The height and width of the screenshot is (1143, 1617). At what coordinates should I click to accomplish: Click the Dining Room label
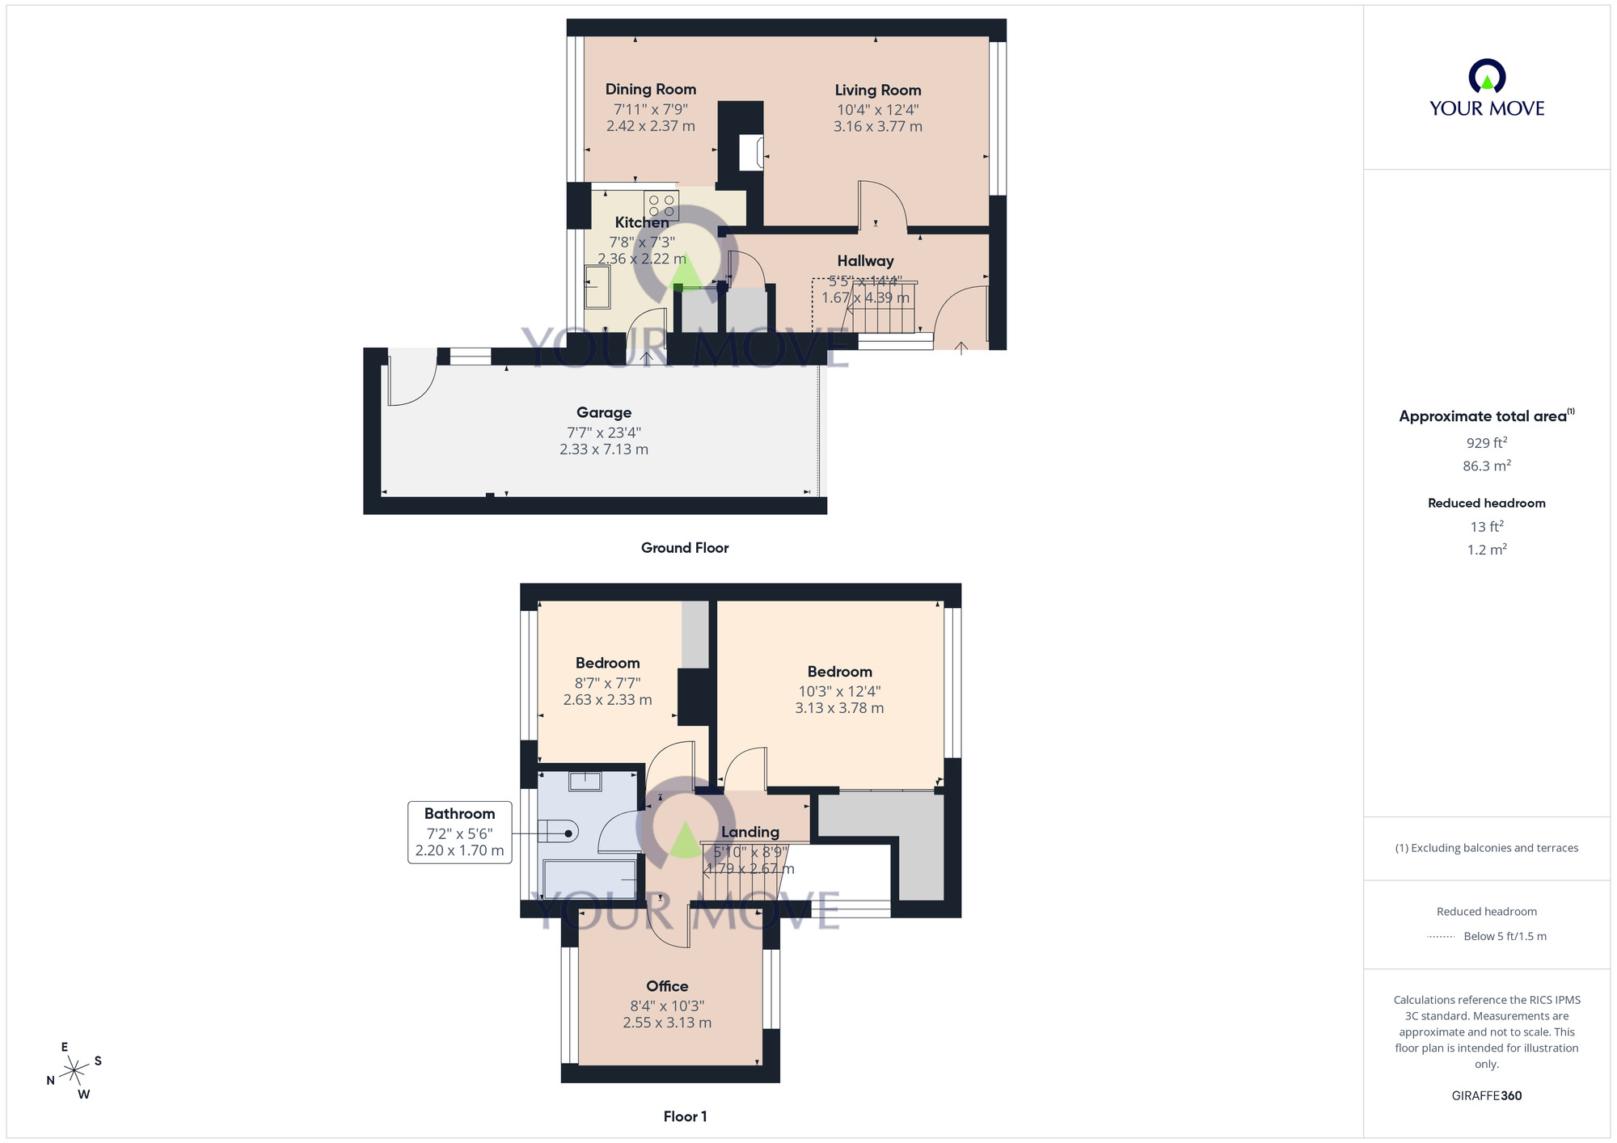pos(650,89)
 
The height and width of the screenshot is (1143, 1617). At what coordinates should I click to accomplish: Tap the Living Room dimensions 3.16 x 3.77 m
pos(877,127)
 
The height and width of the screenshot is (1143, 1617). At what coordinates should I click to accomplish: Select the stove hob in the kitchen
pos(661,205)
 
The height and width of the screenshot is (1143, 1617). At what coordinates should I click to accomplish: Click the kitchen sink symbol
pos(597,286)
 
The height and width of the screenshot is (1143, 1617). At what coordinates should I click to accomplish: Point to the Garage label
pos(603,412)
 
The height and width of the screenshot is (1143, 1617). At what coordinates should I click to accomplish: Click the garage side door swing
pos(409,380)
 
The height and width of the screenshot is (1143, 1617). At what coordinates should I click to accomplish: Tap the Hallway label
pos(865,260)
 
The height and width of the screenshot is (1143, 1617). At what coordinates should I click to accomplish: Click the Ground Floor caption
pos(684,548)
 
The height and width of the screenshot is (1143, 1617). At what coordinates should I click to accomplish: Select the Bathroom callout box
pos(459,832)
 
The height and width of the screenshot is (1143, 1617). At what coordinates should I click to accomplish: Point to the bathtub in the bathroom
pos(589,879)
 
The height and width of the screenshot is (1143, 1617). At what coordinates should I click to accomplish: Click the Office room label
pos(667,986)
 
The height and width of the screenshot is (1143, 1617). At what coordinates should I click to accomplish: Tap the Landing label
pos(749,832)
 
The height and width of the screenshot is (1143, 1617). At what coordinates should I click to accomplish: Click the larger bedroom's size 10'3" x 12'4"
pos(839,691)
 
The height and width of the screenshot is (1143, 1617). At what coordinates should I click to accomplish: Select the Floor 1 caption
pos(685,1116)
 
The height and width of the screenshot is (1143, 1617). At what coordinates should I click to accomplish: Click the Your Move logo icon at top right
pos(1486,77)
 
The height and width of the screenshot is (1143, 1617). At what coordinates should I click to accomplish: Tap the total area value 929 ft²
pos(1486,443)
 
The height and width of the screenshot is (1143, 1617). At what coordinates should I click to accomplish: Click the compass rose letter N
pos(50,1081)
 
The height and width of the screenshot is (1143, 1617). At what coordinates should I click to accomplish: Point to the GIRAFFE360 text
pos(1486,1096)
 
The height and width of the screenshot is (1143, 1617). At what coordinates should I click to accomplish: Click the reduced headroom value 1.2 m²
pos(1486,550)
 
